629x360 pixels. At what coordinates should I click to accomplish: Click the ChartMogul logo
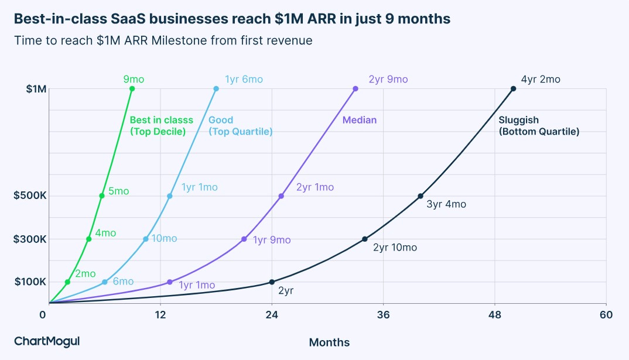click(46, 341)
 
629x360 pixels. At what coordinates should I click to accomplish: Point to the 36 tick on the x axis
click(383, 315)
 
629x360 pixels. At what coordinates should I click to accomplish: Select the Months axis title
click(329, 342)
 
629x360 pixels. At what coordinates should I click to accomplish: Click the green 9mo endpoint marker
click(132, 89)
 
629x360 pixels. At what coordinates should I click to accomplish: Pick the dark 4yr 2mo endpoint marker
click(513, 89)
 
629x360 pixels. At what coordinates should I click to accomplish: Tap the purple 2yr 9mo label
click(388, 80)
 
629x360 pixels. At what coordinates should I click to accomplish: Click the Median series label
click(360, 120)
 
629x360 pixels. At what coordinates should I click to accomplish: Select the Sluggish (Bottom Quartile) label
click(539, 126)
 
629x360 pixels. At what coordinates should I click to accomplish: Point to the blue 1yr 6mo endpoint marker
click(216, 89)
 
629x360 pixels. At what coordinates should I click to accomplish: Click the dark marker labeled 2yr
click(272, 282)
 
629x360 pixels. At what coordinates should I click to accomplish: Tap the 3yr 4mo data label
click(446, 204)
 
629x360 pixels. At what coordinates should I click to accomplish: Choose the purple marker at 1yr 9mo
click(244, 239)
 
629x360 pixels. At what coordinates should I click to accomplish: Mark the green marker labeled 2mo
click(67, 282)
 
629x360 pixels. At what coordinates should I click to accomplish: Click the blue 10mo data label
click(164, 238)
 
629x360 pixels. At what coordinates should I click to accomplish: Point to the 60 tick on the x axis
click(606, 315)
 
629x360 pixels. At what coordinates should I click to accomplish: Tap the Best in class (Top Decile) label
click(161, 126)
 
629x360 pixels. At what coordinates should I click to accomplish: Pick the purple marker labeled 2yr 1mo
click(281, 196)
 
